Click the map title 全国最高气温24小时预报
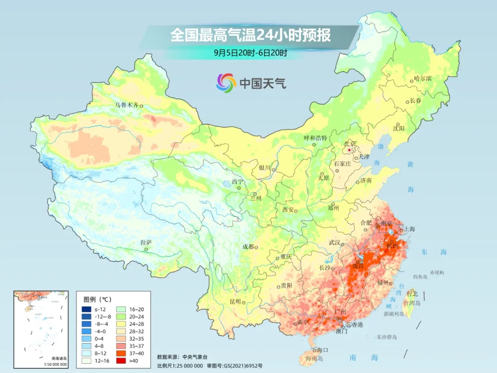(x=251, y=35)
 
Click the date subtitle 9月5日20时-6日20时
(x=251, y=52)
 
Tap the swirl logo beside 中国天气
(x=226, y=82)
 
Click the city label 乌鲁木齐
(x=127, y=105)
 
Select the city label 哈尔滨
(x=422, y=79)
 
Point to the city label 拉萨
(x=146, y=242)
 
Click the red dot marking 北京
(x=349, y=150)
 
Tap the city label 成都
(x=248, y=247)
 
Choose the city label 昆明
(x=235, y=302)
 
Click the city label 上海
(x=409, y=229)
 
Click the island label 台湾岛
(x=412, y=303)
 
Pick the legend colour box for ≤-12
(x=86, y=309)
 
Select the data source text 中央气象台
(x=195, y=357)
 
